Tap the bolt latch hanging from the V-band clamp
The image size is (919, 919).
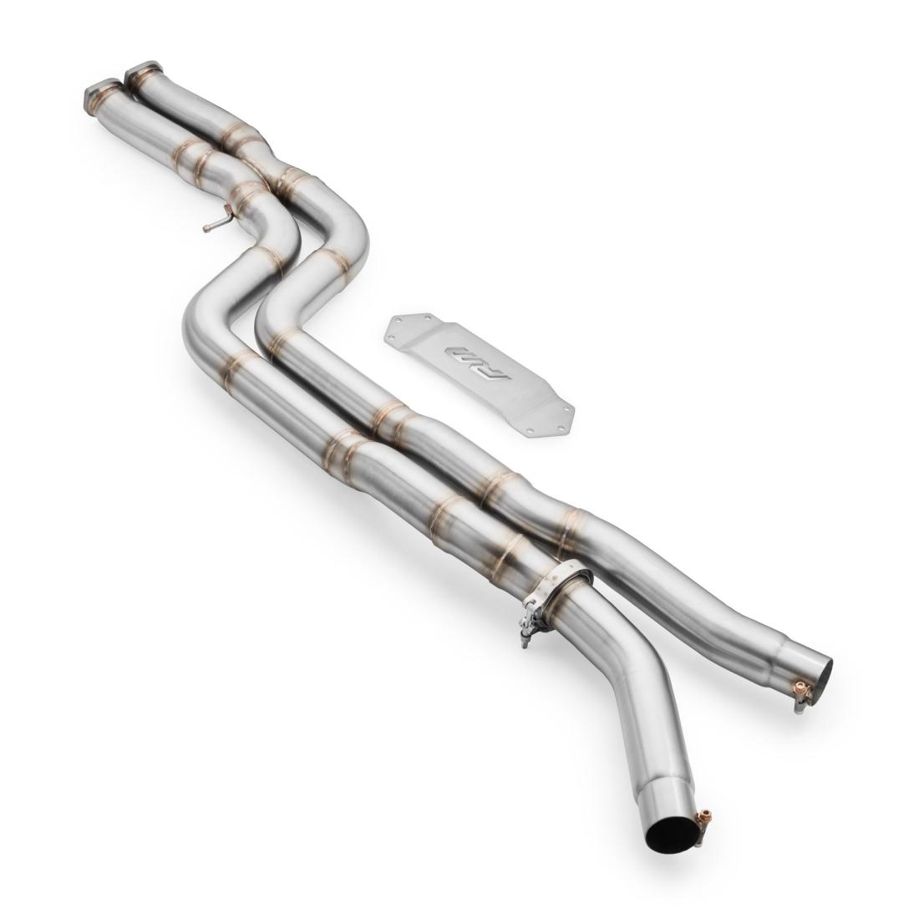(x=528, y=627)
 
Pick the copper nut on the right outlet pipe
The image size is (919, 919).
(x=803, y=690)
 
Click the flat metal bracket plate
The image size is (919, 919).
(x=480, y=372)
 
